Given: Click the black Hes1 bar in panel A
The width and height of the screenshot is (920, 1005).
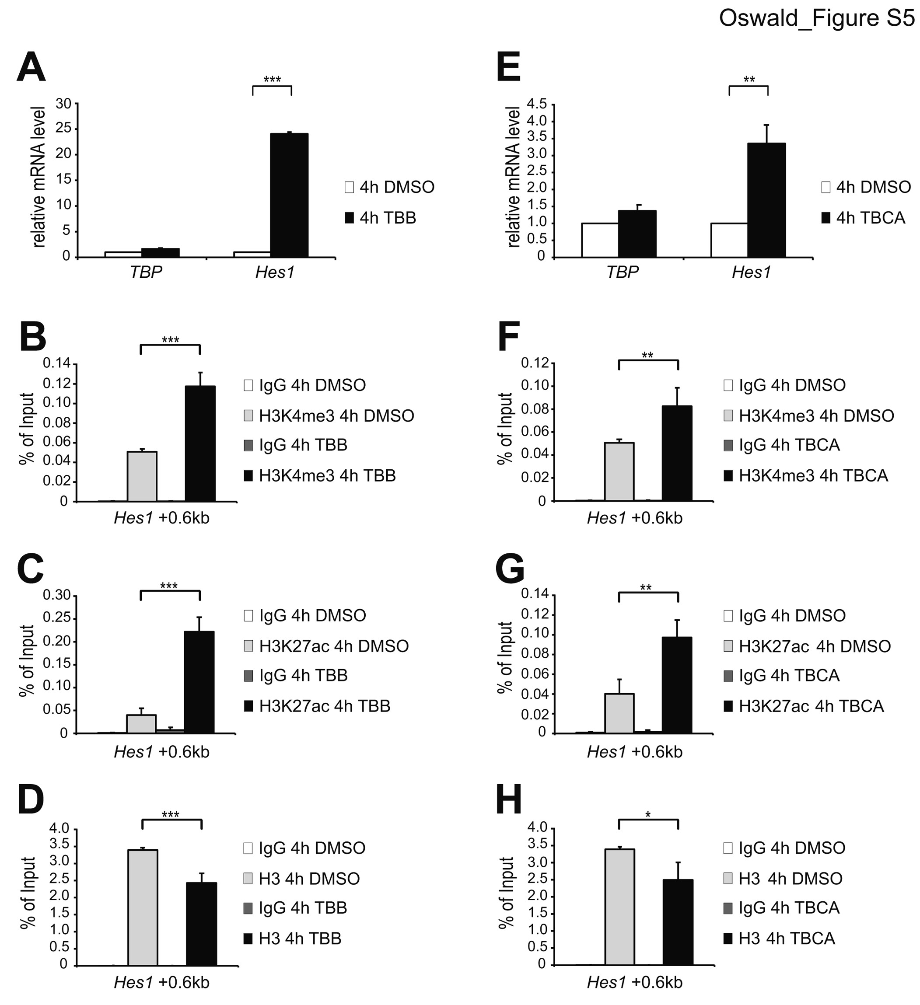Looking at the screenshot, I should point(289,195).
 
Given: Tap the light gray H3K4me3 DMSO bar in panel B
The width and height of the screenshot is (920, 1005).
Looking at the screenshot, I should point(142,476).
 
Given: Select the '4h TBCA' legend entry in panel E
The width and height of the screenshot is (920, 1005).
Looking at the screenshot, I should point(863,218).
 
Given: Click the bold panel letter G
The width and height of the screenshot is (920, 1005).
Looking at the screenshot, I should point(510,570).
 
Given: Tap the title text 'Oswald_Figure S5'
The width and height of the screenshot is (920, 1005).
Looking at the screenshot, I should point(816,18).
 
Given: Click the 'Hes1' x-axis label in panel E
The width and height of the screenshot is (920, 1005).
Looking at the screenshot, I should point(752,273).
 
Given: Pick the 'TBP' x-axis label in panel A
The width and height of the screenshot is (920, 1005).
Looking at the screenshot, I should point(146,273).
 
